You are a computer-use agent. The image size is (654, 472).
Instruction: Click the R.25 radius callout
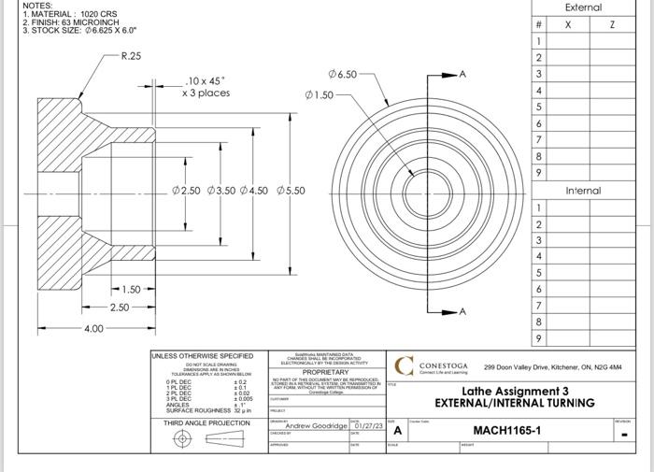(131, 56)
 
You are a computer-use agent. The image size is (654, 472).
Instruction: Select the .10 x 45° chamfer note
(206, 87)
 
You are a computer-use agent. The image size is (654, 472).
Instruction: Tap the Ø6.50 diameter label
(342, 74)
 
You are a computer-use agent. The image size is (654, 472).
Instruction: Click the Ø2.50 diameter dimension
(186, 191)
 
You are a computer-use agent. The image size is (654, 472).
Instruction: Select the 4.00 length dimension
(94, 329)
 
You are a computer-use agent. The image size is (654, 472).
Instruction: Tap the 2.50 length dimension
(120, 308)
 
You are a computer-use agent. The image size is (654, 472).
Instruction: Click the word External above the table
(583, 7)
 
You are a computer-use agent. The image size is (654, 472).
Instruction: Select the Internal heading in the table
(583, 191)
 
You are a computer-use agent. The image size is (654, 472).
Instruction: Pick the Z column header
(612, 25)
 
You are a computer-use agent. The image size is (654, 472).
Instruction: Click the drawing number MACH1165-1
(506, 431)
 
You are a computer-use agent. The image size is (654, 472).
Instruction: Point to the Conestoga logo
(405, 365)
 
